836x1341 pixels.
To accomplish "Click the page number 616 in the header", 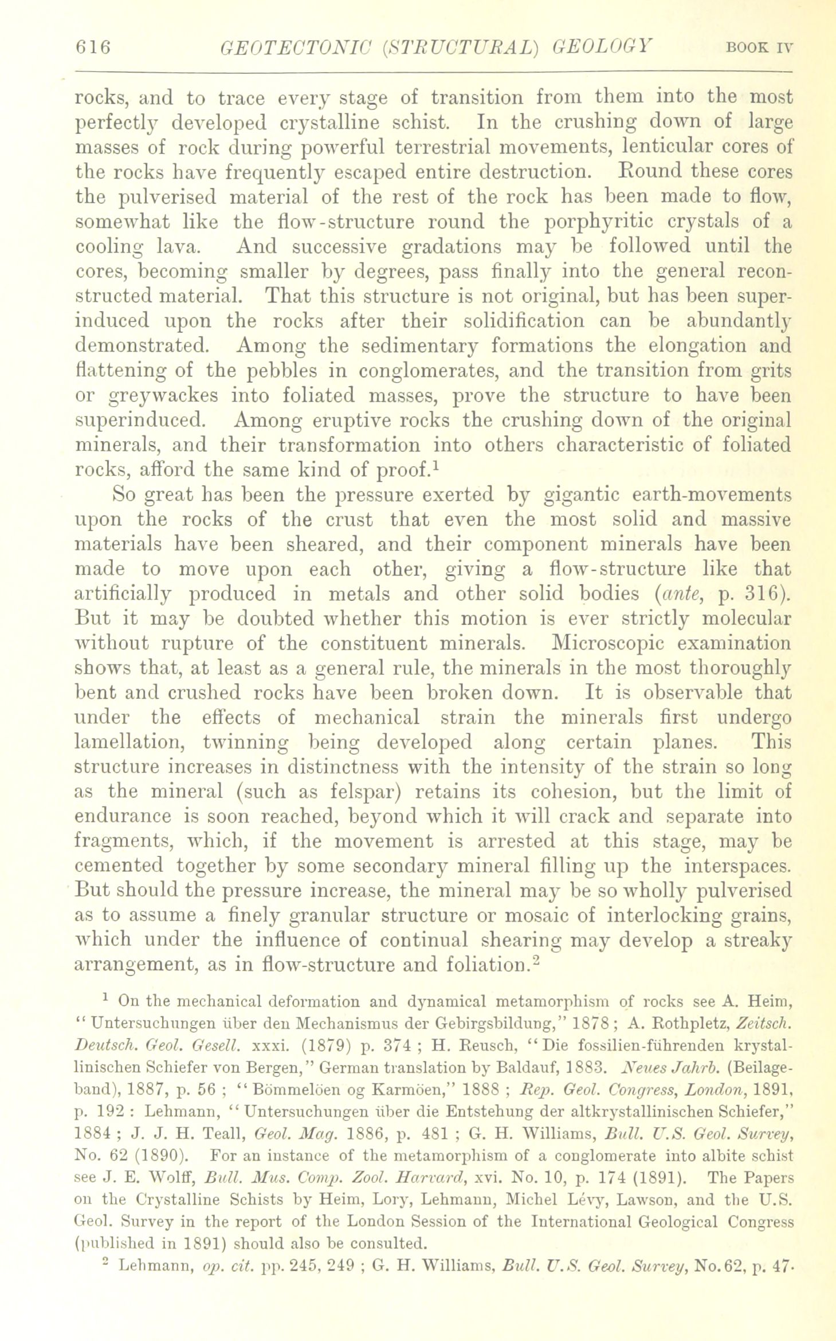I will click(x=92, y=47).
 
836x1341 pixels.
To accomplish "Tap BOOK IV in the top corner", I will click(x=759, y=48).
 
